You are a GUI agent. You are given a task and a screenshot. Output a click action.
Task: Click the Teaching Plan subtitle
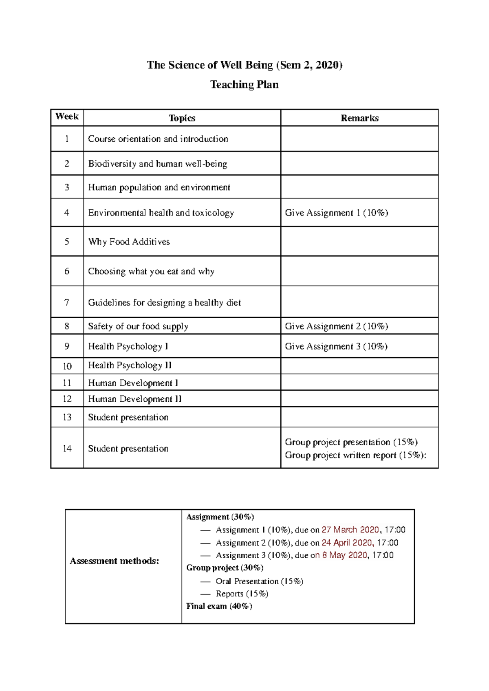tap(244, 84)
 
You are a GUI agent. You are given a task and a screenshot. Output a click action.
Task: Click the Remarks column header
tap(359, 118)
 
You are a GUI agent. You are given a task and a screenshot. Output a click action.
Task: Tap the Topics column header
tap(182, 118)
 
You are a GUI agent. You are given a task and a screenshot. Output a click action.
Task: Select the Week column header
tap(67, 117)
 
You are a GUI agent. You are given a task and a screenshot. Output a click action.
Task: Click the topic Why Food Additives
tap(129, 242)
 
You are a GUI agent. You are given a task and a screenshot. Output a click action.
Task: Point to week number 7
tap(67, 302)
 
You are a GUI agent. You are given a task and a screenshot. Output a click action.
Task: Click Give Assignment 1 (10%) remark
tap(336, 213)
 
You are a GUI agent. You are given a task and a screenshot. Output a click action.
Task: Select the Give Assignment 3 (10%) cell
tap(336, 346)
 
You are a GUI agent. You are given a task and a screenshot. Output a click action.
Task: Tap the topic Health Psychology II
tap(130, 365)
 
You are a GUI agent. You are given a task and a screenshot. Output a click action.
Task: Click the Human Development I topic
tap(133, 383)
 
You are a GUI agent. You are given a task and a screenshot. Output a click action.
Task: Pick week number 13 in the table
tap(67, 417)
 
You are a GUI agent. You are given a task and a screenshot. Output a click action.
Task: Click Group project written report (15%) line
tap(355, 455)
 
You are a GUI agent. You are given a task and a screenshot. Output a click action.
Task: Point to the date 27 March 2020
tap(350, 530)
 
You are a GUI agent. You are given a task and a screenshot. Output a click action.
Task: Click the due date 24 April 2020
tap(347, 543)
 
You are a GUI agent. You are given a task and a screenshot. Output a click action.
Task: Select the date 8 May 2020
tap(344, 555)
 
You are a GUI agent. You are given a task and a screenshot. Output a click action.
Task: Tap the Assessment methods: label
tap(114, 561)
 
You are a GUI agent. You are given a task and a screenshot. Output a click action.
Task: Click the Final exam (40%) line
tap(219, 606)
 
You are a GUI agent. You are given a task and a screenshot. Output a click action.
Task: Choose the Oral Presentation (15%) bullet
tap(259, 581)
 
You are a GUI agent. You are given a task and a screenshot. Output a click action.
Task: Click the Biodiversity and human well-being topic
tap(157, 164)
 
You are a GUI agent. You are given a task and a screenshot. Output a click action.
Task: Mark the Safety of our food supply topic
tap(138, 326)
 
